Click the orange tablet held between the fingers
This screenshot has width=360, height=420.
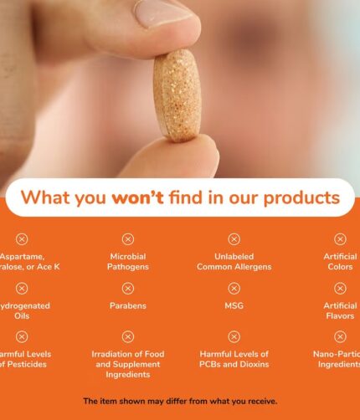pos(177,95)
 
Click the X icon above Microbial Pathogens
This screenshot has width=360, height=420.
pos(128,239)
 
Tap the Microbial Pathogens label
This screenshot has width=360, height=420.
pos(128,262)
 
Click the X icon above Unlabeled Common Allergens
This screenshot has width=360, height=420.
pos(234,239)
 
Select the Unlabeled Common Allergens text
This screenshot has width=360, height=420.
pos(234,262)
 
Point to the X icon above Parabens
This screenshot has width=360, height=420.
pos(128,289)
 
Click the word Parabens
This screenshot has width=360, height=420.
pos(128,306)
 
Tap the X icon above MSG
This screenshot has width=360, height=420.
pos(234,289)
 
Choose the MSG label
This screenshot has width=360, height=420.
pos(234,306)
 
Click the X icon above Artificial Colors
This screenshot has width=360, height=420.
pos(340,239)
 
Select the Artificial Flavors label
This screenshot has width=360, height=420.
pos(341,311)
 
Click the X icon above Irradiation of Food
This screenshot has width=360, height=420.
pos(128,337)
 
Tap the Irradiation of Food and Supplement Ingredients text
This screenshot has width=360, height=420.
pos(128,365)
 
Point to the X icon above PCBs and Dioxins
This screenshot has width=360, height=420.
pos(234,337)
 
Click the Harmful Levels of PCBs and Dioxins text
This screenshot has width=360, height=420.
pos(234,360)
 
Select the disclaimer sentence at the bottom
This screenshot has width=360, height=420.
pos(180,402)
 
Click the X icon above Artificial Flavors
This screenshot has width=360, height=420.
pos(340,289)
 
